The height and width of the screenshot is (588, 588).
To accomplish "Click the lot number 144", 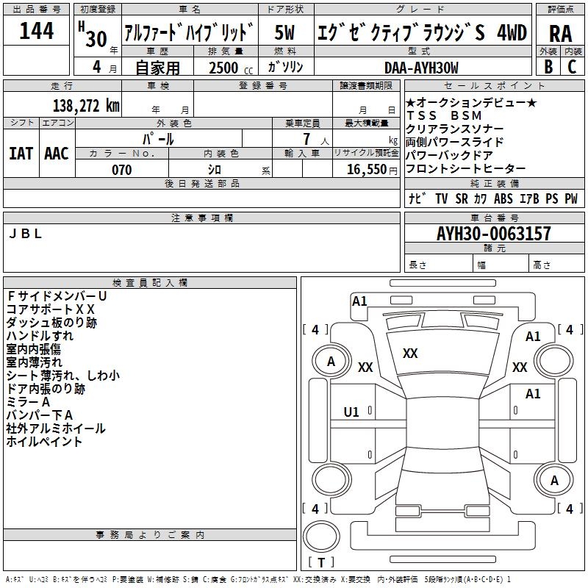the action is [37, 32].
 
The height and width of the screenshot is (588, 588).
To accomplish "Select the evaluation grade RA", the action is [561, 33].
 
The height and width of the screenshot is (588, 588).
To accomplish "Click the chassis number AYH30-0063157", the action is [493, 234].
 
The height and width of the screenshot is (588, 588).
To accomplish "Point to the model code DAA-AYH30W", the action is [421, 68].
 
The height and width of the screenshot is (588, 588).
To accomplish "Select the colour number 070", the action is [121, 170].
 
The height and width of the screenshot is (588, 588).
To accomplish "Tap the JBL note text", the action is [26, 234].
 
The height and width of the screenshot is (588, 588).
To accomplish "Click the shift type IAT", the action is [21, 153].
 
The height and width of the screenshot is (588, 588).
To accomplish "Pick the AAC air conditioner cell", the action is [57, 153].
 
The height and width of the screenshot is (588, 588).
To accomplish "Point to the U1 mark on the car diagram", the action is [351, 412].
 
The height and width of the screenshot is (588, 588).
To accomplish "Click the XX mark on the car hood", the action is [410, 354].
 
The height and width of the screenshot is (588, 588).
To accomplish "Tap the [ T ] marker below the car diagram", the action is [321, 563].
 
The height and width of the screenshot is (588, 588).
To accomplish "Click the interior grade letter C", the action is [572, 67].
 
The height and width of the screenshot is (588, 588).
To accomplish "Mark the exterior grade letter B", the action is [548, 67].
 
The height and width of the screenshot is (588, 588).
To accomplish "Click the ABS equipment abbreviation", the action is [503, 198].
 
